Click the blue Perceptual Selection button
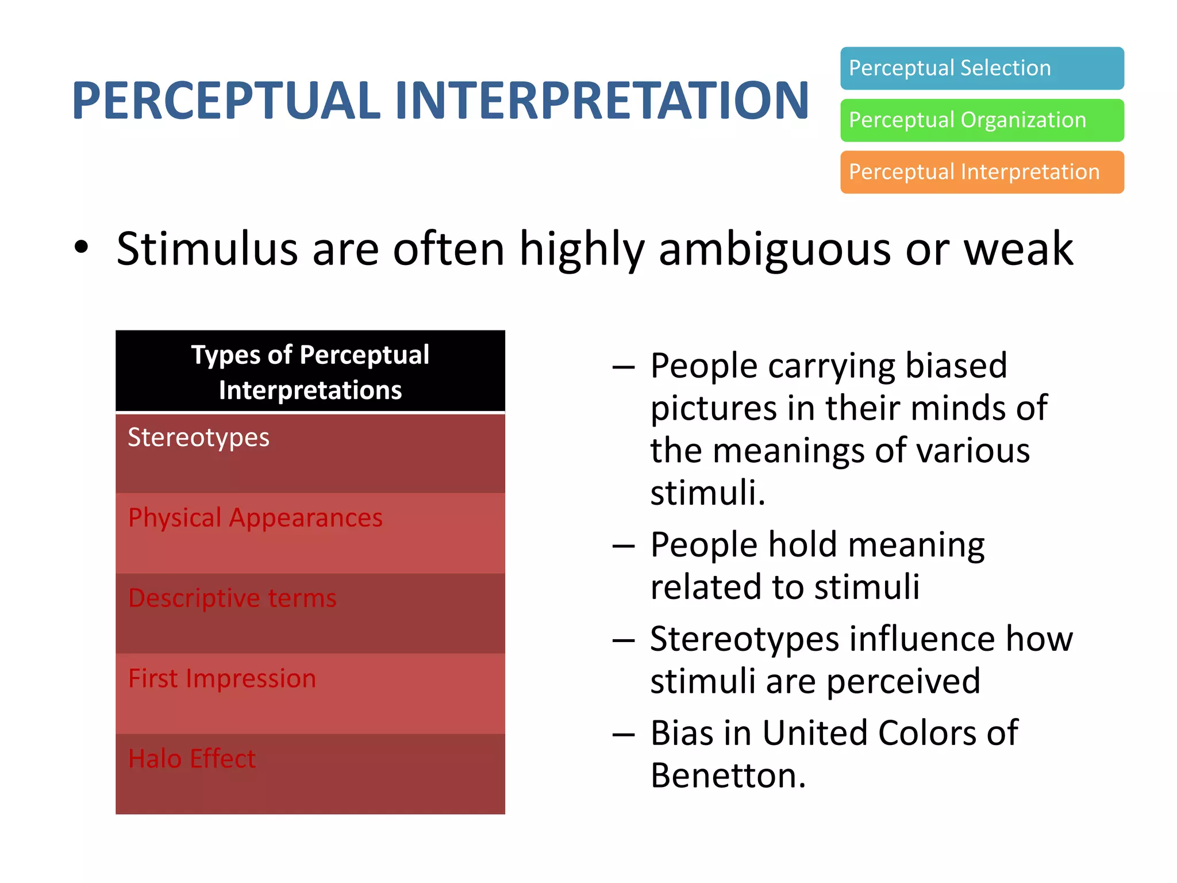coord(982,68)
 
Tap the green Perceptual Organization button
coord(982,120)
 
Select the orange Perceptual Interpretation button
coord(982,172)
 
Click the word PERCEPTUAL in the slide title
coord(225,101)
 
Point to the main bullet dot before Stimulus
coord(82,247)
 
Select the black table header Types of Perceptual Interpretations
coord(310,371)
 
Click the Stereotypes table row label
coord(198,438)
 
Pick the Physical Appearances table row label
coord(255,518)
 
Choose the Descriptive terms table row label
coord(232,598)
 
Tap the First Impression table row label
coord(222,679)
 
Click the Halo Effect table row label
coord(191,759)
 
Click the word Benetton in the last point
coord(728,775)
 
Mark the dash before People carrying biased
coord(624,367)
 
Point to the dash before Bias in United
coord(624,734)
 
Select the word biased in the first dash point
coord(956,366)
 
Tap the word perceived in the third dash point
coord(903,682)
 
